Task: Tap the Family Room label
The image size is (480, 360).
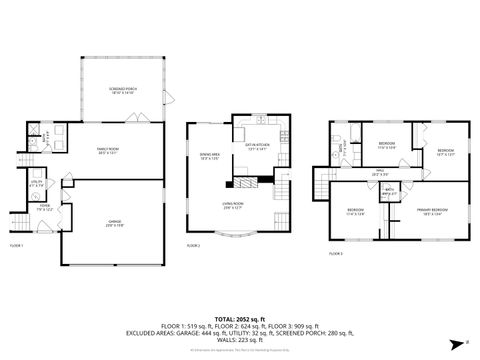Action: coord(108,151)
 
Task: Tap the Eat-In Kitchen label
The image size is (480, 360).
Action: coord(257,149)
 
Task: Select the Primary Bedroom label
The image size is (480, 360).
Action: coord(433,211)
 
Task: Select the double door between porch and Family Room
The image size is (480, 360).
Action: coord(141,119)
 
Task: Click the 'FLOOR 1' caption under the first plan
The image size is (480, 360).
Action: coord(16,245)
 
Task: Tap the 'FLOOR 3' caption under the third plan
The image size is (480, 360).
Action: coord(336,254)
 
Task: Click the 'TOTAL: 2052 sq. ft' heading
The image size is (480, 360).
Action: coord(239,315)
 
